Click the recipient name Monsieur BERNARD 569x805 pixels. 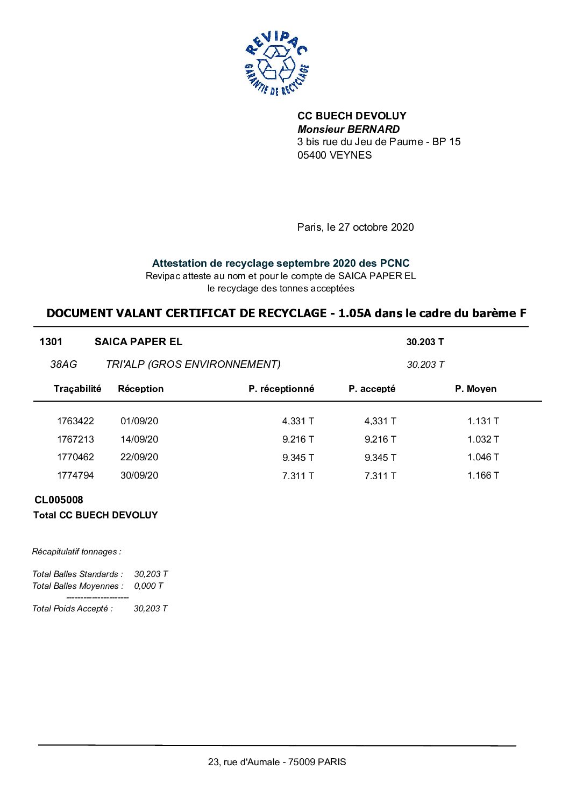[x=348, y=129]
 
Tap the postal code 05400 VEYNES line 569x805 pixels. [x=335, y=155]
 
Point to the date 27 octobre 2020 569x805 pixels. [x=376, y=227]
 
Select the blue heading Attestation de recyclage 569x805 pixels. [x=280, y=263]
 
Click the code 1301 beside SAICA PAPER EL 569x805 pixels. [x=51, y=342]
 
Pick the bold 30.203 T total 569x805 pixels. [x=425, y=342]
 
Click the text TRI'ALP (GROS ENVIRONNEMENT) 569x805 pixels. [x=193, y=365]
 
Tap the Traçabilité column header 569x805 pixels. [x=77, y=389]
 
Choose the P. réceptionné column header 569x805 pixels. [x=281, y=389]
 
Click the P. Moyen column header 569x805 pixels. [x=475, y=389]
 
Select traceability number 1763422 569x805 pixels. [x=75, y=421]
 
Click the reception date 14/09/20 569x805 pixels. [x=139, y=439]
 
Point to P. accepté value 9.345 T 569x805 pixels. [x=380, y=458]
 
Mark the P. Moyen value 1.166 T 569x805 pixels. [x=483, y=475]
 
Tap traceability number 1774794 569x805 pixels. [x=75, y=475]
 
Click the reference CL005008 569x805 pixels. [x=59, y=500]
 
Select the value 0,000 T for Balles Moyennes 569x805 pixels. [x=148, y=586]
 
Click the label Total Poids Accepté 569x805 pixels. [x=73, y=609]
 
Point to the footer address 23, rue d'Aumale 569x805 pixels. [x=277, y=762]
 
